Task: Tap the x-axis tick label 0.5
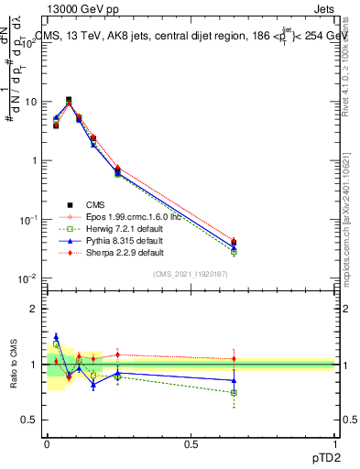(191, 443)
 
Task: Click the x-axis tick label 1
(334, 443)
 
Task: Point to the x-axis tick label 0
(47, 443)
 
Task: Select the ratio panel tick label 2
(34, 309)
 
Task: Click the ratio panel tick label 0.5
(29, 420)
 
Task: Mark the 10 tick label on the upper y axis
(29, 102)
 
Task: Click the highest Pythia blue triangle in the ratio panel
(56, 336)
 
